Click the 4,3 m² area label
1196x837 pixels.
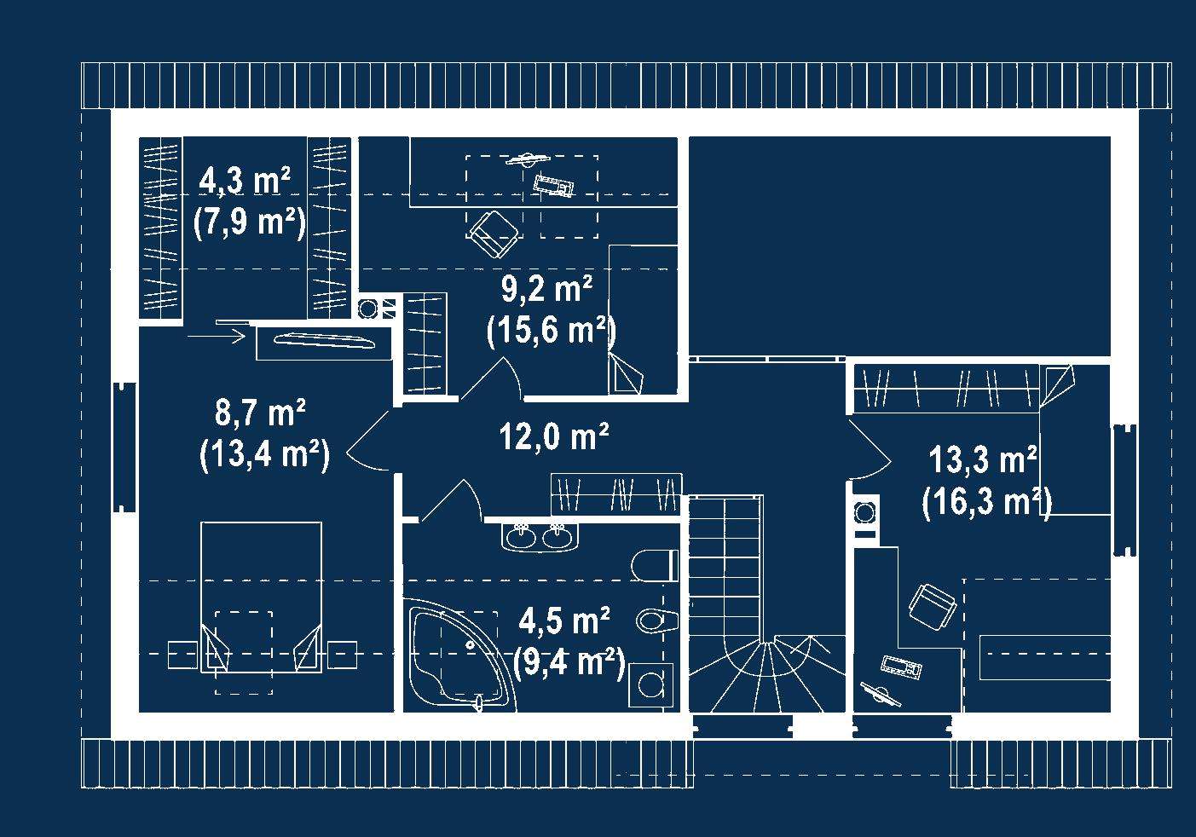(x=245, y=181)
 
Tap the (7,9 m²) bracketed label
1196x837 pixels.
(x=250, y=221)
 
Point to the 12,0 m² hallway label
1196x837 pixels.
(x=554, y=436)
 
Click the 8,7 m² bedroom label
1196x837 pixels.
(x=260, y=413)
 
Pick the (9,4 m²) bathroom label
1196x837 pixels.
(x=569, y=663)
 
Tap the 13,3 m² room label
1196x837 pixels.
(x=983, y=459)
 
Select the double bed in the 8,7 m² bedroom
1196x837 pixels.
(x=262, y=597)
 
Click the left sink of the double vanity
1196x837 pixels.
(x=520, y=536)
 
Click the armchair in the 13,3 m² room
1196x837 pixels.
(x=933, y=609)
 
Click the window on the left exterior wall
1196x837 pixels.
(x=124, y=447)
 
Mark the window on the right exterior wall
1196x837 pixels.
(x=1124, y=491)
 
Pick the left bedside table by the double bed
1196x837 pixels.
(x=182, y=655)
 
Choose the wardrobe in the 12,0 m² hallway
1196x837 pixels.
(x=616, y=494)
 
